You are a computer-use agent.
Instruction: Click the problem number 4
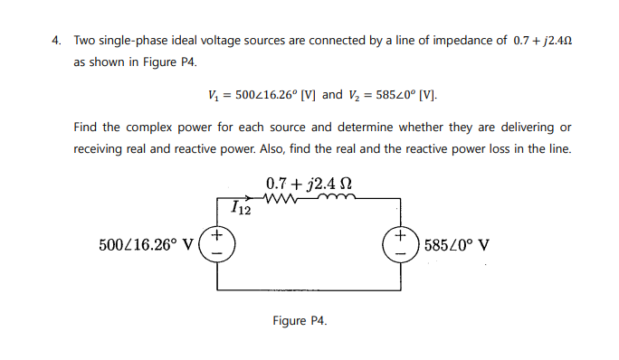[55, 41]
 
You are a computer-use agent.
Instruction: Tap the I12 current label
[241, 209]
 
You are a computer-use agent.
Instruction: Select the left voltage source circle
[217, 244]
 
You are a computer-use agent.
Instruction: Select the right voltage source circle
[400, 244]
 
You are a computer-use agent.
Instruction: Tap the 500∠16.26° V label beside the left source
[146, 244]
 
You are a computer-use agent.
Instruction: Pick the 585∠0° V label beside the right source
[457, 244]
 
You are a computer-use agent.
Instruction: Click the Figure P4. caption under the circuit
[300, 320]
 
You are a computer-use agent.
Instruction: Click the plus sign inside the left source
[217, 237]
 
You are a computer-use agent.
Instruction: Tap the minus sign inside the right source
[400, 252]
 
